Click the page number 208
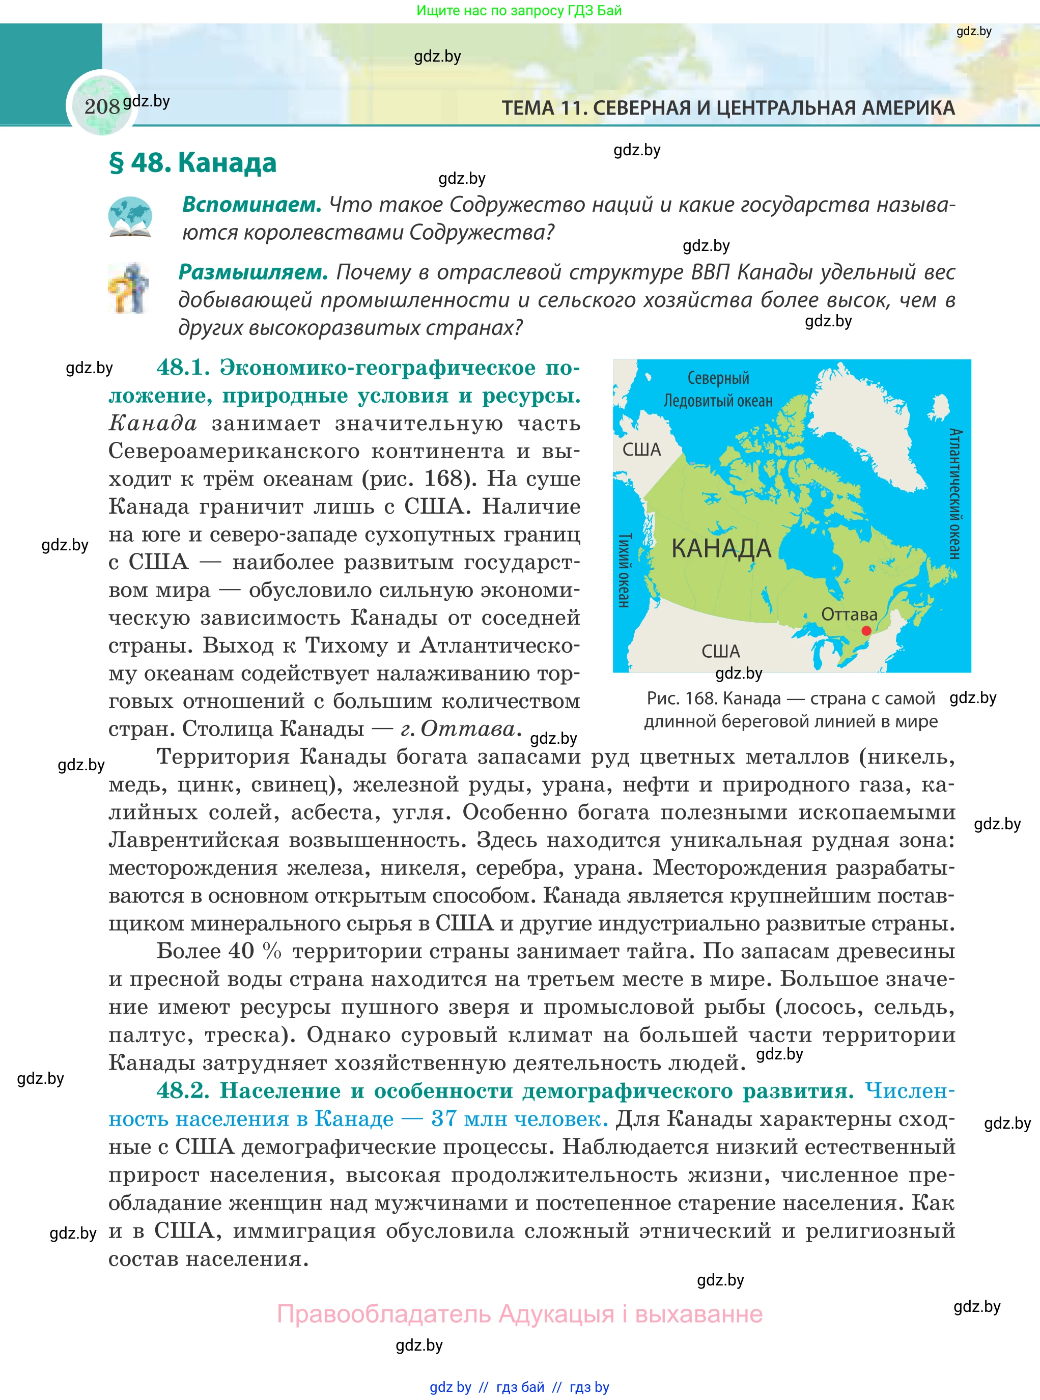tap(101, 106)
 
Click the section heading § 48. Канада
tap(192, 163)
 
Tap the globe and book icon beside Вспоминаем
tap(130, 217)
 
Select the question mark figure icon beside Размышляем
tap(129, 288)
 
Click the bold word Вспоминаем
tap(251, 205)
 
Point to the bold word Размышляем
tap(253, 272)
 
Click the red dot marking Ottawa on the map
tap(866, 631)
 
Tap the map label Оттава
tap(849, 614)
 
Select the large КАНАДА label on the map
tap(721, 548)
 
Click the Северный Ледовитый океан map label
tap(718, 389)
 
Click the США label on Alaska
tap(641, 450)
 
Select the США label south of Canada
tap(720, 651)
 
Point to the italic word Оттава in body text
tap(468, 729)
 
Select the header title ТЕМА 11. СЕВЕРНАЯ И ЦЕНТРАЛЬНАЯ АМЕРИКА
tap(728, 108)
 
